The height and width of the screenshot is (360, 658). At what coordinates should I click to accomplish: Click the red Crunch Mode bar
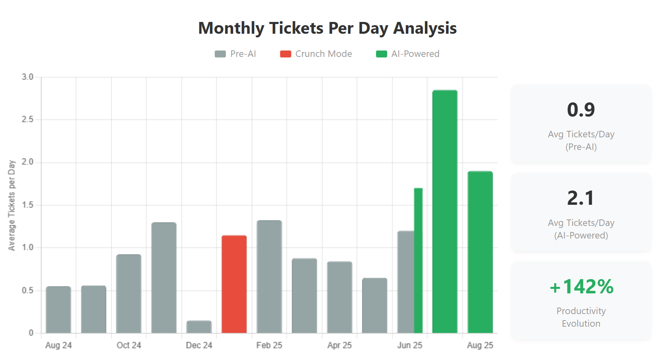click(234, 284)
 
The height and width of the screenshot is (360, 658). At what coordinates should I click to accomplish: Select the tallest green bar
click(445, 211)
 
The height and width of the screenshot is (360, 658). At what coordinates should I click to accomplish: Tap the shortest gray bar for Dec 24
click(199, 327)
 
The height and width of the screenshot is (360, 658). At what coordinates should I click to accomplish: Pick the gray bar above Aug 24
click(58, 310)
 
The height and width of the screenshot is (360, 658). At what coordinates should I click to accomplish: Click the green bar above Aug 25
click(480, 252)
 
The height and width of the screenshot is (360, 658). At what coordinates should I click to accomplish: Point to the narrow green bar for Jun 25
click(418, 260)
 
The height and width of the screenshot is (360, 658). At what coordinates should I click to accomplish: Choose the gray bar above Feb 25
click(269, 276)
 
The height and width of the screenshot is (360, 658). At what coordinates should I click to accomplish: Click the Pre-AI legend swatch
click(220, 54)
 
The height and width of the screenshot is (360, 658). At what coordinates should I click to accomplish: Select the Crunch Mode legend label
click(323, 54)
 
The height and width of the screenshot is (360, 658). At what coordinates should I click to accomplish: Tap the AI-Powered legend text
click(415, 54)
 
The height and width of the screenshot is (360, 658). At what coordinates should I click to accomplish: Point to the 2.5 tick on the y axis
click(28, 119)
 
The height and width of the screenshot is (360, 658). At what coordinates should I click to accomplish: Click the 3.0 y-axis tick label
click(28, 77)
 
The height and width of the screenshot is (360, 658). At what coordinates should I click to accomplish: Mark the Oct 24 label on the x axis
click(129, 345)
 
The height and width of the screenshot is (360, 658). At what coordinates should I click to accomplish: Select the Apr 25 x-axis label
click(340, 345)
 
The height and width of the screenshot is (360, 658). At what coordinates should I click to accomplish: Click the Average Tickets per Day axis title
click(12, 205)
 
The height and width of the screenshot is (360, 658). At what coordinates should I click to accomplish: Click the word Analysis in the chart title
click(425, 28)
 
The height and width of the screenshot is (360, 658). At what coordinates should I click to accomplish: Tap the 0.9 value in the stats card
click(581, 110)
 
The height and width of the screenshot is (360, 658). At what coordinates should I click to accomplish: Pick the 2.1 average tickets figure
click(581, 198)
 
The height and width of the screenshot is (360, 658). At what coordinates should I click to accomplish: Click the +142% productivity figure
click(581, 287)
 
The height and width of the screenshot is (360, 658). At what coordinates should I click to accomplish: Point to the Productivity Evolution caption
click(581, 317)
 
